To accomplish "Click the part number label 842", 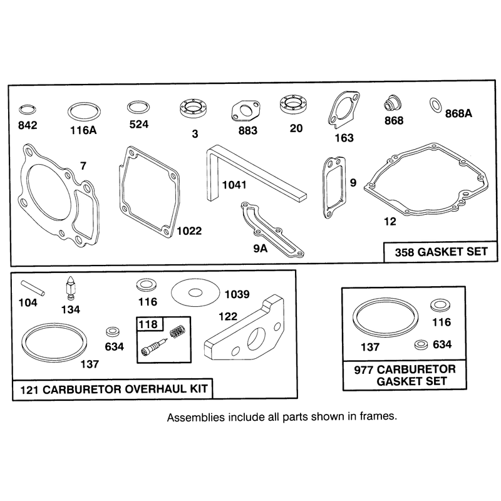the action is tap(28, 125).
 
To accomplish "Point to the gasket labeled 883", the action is tap(245, 112).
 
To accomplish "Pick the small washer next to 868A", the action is tap(435, 105).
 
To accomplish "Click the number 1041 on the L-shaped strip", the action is tap(234, 185).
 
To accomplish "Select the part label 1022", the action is tap(190, 230).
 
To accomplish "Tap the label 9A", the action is tap(260, 248).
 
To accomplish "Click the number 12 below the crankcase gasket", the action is tap(390, 222).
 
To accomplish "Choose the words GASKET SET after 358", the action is tap(453, 252).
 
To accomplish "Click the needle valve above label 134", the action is tap(70, 288).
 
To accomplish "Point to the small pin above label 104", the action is tap(33, 287).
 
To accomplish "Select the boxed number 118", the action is tap(148, 324).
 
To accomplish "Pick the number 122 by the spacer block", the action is tap(228, 316).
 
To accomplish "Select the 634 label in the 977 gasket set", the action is tap(442, 344).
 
